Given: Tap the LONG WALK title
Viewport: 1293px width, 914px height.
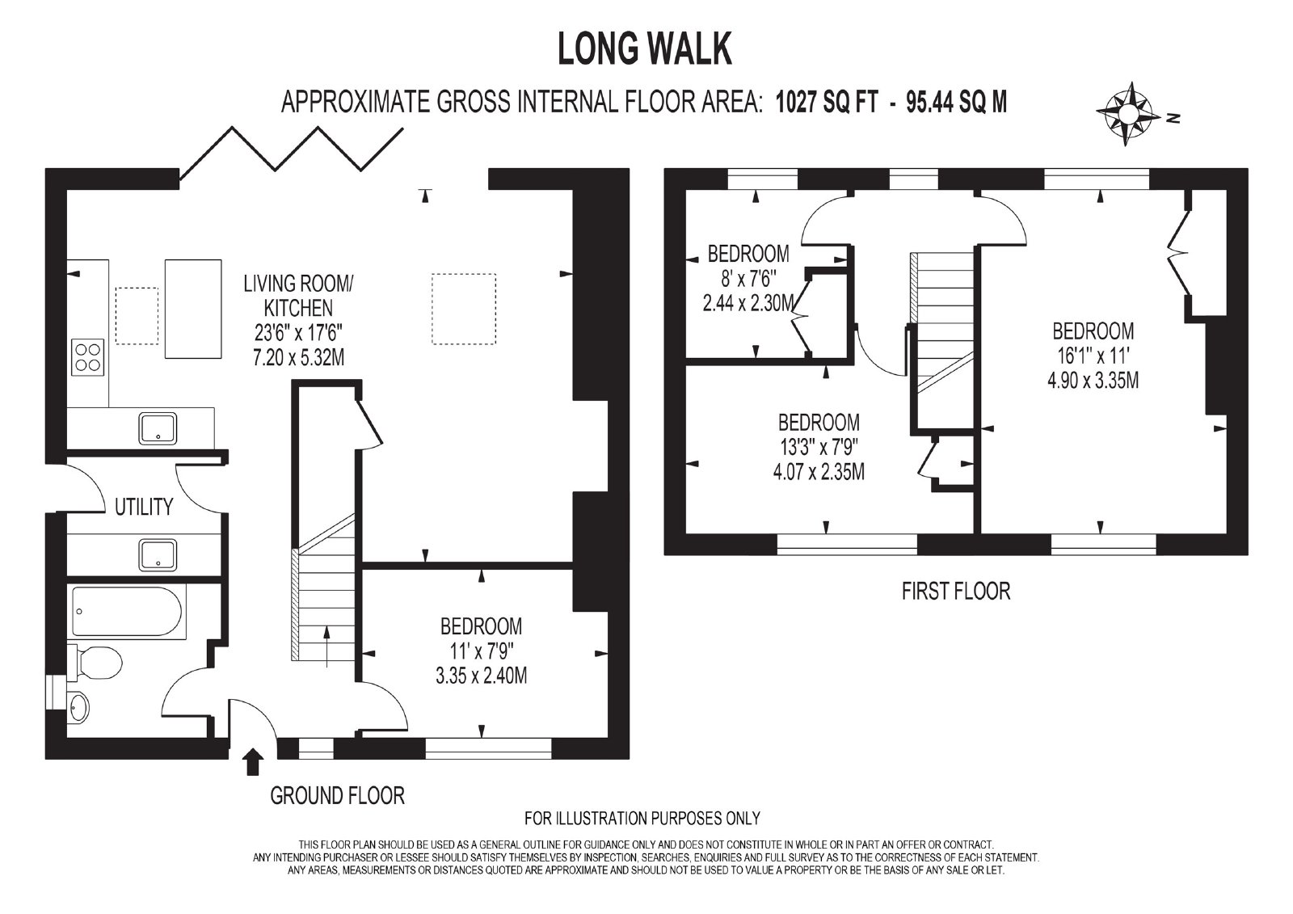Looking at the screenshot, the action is (645, 49).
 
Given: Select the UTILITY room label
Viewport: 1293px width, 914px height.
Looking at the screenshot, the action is (144, 507).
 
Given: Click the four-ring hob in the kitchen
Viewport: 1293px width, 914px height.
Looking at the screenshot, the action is (88, 357).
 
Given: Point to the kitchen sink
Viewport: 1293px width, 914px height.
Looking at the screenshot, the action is (158, 428).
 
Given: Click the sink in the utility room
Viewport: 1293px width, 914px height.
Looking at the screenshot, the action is (158, 555).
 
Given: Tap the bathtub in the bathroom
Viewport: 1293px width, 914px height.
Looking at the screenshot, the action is (128, 612).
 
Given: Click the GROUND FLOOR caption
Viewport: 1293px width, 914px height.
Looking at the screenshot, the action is (337, 796).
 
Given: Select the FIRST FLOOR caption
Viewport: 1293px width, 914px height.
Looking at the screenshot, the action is (956, 592).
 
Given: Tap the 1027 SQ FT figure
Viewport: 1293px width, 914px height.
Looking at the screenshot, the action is (828, 103).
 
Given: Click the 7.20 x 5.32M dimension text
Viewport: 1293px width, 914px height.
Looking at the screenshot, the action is (298, 358).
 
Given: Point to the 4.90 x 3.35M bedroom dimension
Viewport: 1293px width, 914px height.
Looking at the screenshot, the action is (1093, 381).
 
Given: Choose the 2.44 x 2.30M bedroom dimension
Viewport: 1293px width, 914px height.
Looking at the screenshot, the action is (749, 303).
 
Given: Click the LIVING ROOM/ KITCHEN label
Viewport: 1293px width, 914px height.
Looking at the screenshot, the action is (298, 296).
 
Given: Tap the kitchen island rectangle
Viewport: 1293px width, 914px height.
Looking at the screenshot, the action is (193, 309).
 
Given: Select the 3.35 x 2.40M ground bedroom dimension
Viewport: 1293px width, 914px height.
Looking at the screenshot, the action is (481, 676).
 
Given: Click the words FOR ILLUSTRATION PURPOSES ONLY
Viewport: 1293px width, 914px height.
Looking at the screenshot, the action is (642, 818).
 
